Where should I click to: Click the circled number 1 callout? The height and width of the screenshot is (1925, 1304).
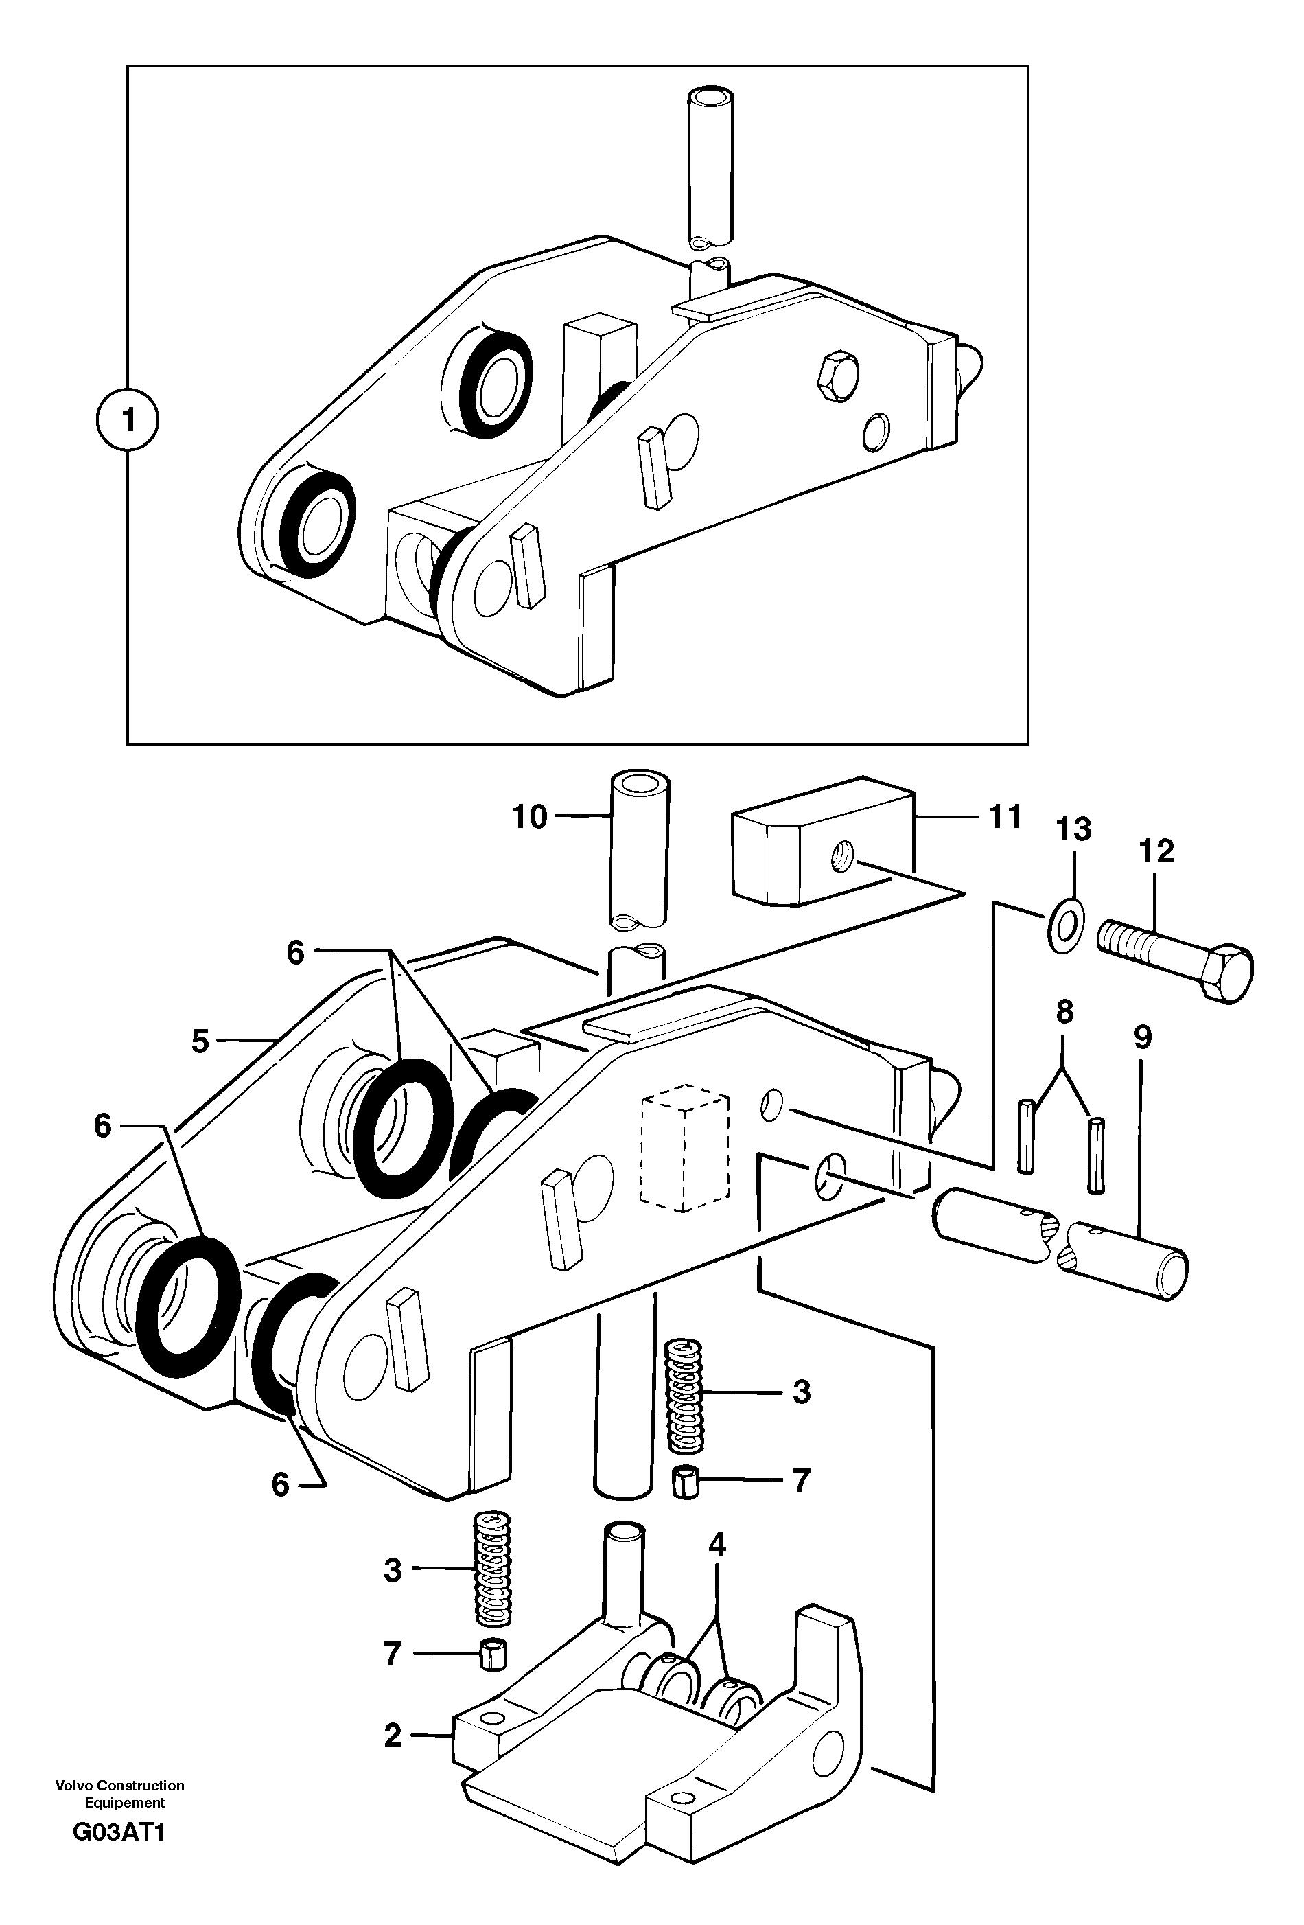[x=127, y=420]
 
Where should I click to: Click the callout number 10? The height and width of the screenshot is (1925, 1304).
[x=530, y=817]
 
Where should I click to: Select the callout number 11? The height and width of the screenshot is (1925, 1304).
[x=1005, y=817]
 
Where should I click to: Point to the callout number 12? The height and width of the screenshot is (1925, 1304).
[x=1156, y=851]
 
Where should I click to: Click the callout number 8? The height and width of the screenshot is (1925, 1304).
[x=1064, y=1012]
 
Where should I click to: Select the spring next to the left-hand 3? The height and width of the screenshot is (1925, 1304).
[x=493, y=1569]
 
